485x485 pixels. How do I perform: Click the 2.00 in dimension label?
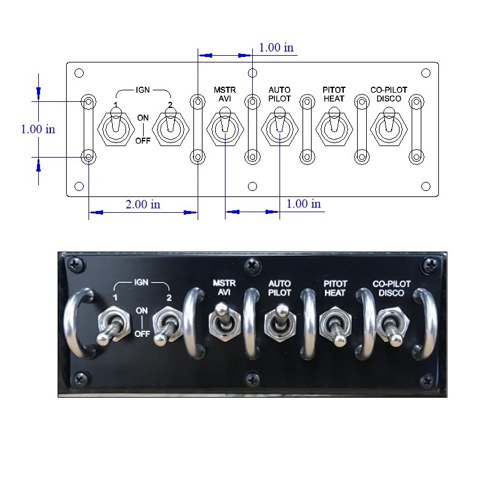coord(143,204)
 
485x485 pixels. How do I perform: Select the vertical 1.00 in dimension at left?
coord(38,129)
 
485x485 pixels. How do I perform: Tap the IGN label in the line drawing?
coord(142,90)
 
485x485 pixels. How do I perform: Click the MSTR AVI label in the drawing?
coord(225,94)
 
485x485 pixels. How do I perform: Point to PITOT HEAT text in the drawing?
coord(334,94)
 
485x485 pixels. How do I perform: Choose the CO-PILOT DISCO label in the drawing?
coord(389,94)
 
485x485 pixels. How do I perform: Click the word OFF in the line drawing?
coord(143,141)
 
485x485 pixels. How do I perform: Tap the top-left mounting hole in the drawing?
coord(79,73)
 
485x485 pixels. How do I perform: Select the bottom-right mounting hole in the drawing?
coord(426,186)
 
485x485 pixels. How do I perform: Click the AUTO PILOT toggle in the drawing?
coord(279,126)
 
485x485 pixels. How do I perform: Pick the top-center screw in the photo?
coord(253,266)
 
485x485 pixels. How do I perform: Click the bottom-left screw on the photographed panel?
coord(81,379)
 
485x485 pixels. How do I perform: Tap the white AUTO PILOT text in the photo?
coord(279,289)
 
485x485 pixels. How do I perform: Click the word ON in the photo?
coord(142,310)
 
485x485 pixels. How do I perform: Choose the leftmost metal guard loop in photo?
coord(76,323)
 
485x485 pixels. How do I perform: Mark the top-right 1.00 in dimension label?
coord(276,48)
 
